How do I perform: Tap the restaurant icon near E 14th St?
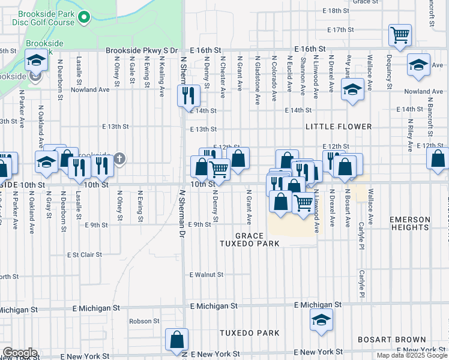coord(188,95)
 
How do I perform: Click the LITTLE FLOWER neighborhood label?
coord(339,127)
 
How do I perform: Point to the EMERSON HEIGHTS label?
coord(410,224)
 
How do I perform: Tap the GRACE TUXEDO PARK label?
coord(249,240)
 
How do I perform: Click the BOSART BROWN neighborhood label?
coord(391,340)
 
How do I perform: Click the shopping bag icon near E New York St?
coord(178,340)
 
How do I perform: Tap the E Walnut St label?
coord(206,275)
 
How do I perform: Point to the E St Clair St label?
coord(84,255)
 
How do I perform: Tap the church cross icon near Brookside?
coord(119,158)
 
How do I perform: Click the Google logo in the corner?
coord(20,353)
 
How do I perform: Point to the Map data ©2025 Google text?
coord(412,355)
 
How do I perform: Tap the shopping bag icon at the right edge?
coord(438,159)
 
